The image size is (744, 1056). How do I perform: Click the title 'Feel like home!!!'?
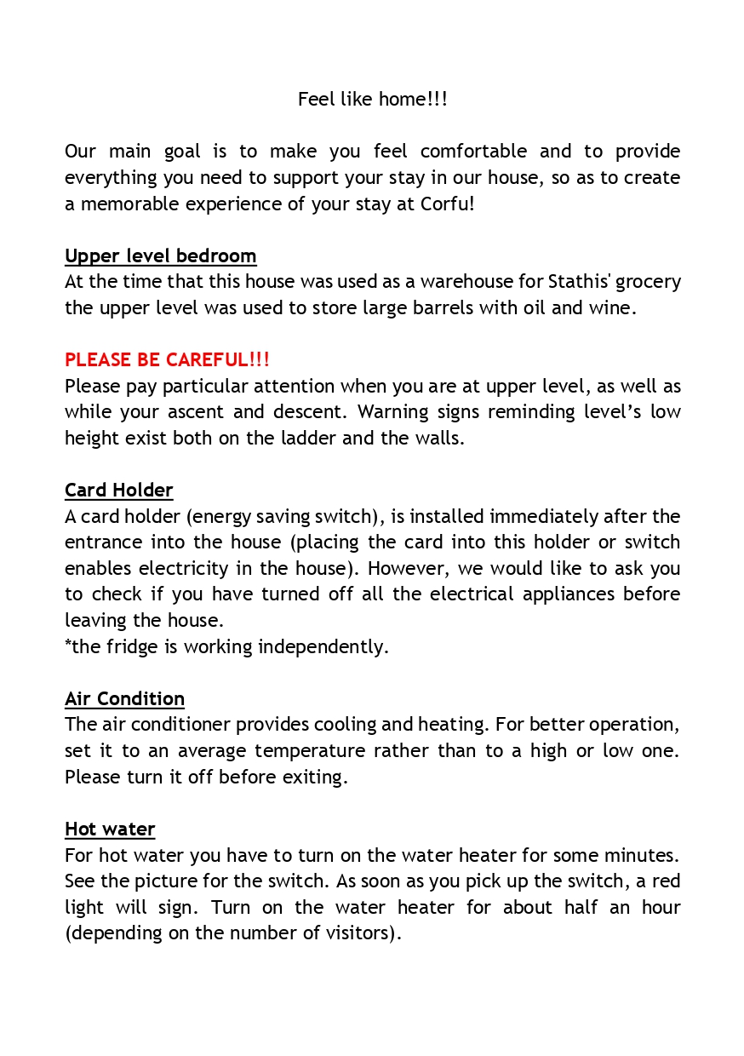[x=372, y=100]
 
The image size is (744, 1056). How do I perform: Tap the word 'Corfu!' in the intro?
[x=448, y=204]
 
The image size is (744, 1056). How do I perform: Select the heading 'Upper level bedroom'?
[x=161, y=256]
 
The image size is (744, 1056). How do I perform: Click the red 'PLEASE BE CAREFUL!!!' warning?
[x=167, y=360]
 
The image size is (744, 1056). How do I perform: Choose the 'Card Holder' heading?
[x=119, y=491]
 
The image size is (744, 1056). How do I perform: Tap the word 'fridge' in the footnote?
[x=134, y=647]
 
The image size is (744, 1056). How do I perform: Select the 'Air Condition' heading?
[x=124, y=699]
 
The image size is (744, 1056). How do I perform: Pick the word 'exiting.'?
[x=316, y=778]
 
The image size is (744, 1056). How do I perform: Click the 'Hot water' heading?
[x=110, y=829]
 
